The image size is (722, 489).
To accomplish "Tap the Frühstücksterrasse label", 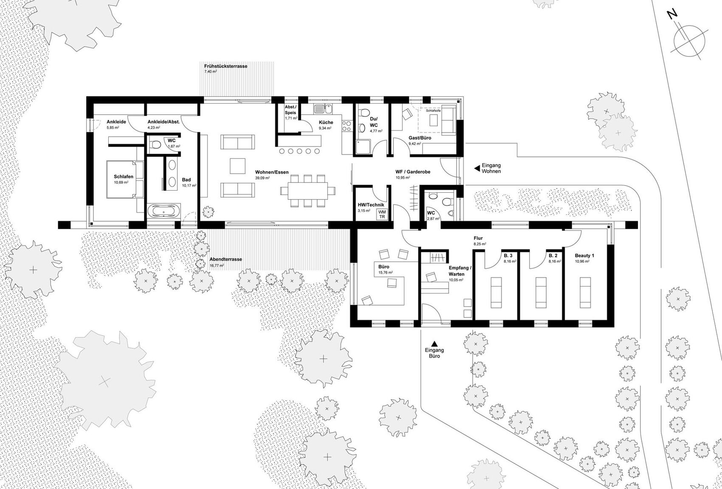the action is point(226,66).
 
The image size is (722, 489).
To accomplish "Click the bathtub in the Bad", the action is point(164,212).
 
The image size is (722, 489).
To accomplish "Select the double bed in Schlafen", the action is point(125,179).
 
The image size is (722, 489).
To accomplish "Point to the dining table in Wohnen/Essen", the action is point(308,191).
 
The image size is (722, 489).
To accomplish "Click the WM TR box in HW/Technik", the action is point(382,214).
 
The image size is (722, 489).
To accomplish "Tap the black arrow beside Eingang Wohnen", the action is point(477,168).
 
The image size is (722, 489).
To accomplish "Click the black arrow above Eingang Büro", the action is point(434,344).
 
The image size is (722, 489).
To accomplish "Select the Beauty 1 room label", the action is point(584,256).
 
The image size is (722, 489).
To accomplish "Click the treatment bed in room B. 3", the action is point(496,292).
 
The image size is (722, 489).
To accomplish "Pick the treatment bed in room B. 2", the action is point(541,292).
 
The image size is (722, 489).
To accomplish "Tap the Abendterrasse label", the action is point(226,259).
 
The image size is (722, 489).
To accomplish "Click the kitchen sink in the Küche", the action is point(322,109).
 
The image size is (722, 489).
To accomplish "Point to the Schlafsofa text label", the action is point(433,110).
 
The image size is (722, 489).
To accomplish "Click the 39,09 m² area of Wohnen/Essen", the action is point(263,178).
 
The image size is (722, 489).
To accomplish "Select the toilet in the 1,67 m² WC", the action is point(155,144).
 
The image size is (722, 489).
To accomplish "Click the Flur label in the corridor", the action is point(478,238).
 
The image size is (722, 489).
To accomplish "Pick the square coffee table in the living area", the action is point(237,166).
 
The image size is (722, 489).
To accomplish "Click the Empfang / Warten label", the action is point(460,271).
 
